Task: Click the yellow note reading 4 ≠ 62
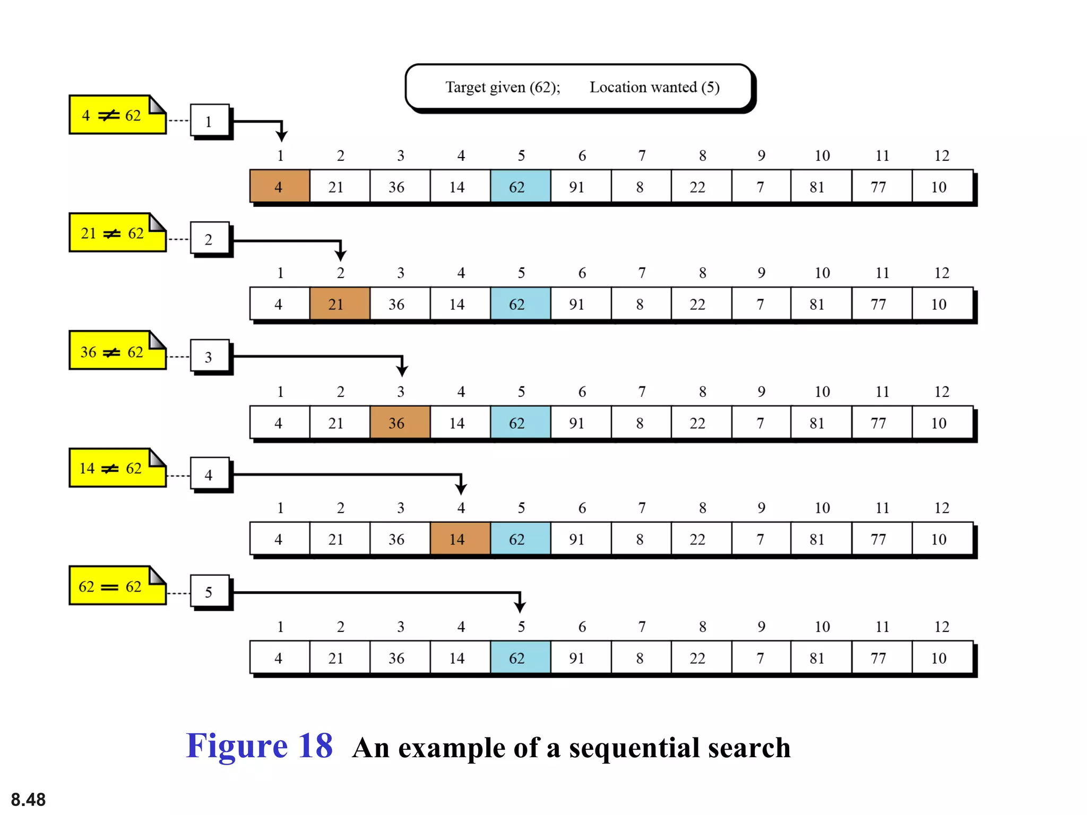[117, 115]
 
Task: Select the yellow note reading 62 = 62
[117, 586]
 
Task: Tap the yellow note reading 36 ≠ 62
[117, 351]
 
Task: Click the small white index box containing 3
[209, 357]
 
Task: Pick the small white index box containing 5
[209, 592]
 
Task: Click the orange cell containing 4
[280, 187]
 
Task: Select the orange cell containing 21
[340, 304]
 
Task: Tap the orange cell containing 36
[400, 423]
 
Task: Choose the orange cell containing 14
[460, 539]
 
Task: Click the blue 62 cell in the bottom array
[520, 658]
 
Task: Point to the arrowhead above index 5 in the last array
[520, 606]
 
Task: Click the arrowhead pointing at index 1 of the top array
[282, 136]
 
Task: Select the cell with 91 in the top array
[580, 187]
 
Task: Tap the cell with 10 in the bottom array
[941, 658]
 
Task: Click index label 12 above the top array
[942, 155]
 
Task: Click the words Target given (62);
[502, 87]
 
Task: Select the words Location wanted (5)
[654, 87]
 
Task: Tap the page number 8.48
[28, 799]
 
